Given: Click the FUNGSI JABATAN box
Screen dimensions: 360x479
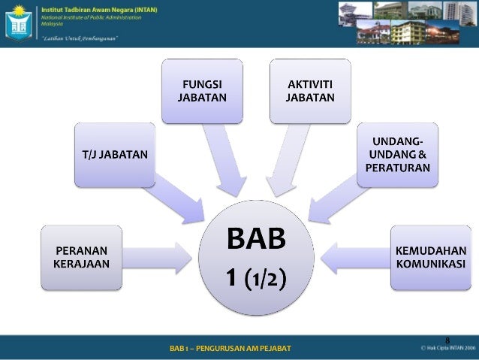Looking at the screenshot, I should [201, 92].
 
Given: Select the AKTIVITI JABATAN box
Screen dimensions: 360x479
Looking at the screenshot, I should [311, 92].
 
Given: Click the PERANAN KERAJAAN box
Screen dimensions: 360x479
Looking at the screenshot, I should [80, 257].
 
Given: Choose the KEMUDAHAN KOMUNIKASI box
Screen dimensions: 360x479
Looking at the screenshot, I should [431, 257].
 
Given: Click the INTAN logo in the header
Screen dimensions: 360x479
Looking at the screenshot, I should [19, 23].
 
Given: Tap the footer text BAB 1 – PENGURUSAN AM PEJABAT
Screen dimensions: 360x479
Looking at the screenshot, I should [230, 349].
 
